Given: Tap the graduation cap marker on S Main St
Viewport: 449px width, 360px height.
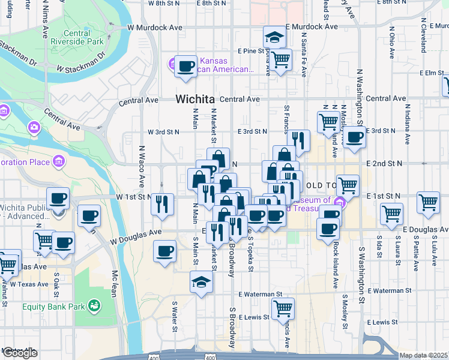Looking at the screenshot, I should coord(202,281).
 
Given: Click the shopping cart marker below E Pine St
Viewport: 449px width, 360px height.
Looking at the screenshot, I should coord(280,60).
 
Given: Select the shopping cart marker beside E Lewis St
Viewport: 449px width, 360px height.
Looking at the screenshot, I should coord(283,308).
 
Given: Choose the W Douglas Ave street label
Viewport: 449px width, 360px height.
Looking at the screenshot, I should coord(136,237).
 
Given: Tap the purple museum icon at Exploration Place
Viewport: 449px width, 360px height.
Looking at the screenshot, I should coord(59,161).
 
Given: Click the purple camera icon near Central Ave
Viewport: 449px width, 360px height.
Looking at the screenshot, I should coord(34,127).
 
